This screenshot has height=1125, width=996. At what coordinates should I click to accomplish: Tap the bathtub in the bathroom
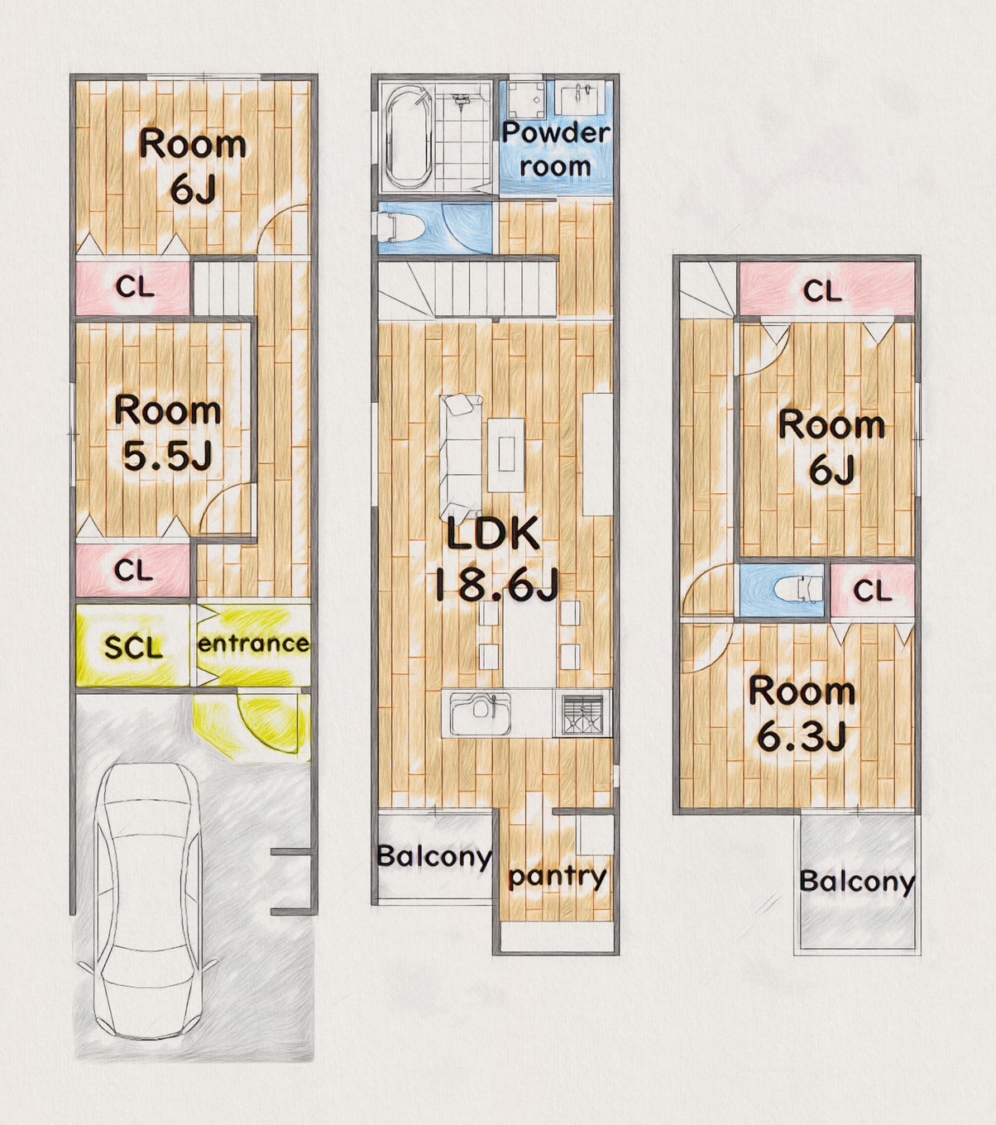pos(407,137)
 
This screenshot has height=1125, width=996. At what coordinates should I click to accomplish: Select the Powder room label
pos(556,150)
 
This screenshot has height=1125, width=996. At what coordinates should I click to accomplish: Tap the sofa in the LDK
pos(461,457)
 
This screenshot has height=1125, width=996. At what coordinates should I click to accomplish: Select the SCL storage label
pos(133,648)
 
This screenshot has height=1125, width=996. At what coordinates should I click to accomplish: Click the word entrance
pos(254,644)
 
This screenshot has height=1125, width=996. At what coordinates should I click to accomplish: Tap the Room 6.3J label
pos(802,714)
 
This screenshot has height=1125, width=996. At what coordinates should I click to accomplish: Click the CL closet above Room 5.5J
pos(133,288)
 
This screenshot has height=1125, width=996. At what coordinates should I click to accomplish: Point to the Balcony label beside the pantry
pos(434,857)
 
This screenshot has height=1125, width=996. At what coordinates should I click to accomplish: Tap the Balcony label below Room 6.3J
pos(857,882)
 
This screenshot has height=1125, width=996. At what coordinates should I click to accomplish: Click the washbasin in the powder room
pos(582,98)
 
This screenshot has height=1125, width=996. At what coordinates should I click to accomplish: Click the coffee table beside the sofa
pos(506,454)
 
